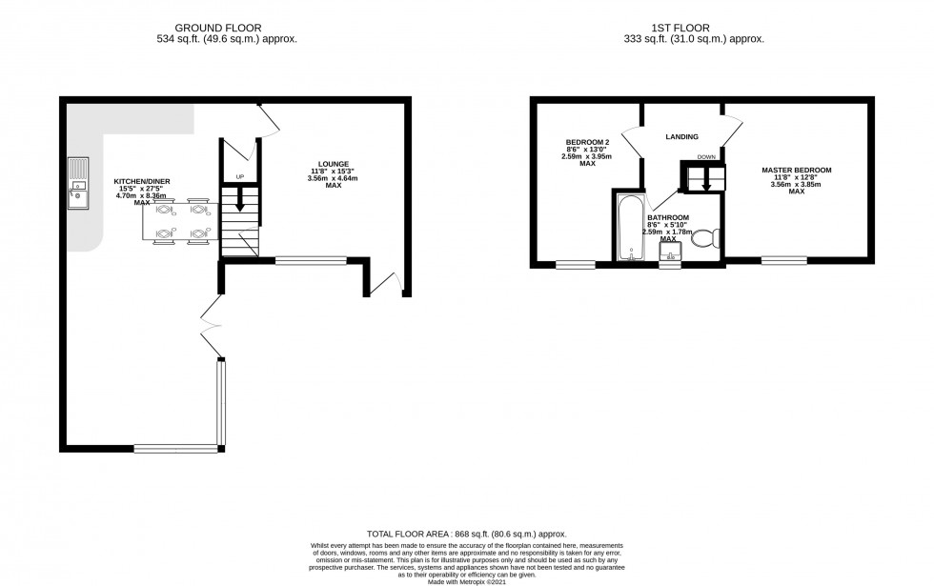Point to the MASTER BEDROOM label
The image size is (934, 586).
click(x=797, y=171)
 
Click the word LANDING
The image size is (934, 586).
click(x=682, y=137)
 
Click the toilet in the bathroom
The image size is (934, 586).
click(x=706, y=238)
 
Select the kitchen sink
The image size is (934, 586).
click(x=77, y=184)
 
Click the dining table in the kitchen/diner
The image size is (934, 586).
click(x=181, y=221)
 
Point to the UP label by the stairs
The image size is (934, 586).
click(x=240, y=177)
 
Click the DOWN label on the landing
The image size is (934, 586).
click(x=705, y=156)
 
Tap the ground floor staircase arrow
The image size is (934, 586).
click(x=239, y=199)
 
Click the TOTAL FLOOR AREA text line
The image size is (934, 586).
click(x=466, y=535)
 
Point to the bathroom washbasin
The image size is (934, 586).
click(x=670, y=253)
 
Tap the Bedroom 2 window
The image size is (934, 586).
click(x=576, y=265)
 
